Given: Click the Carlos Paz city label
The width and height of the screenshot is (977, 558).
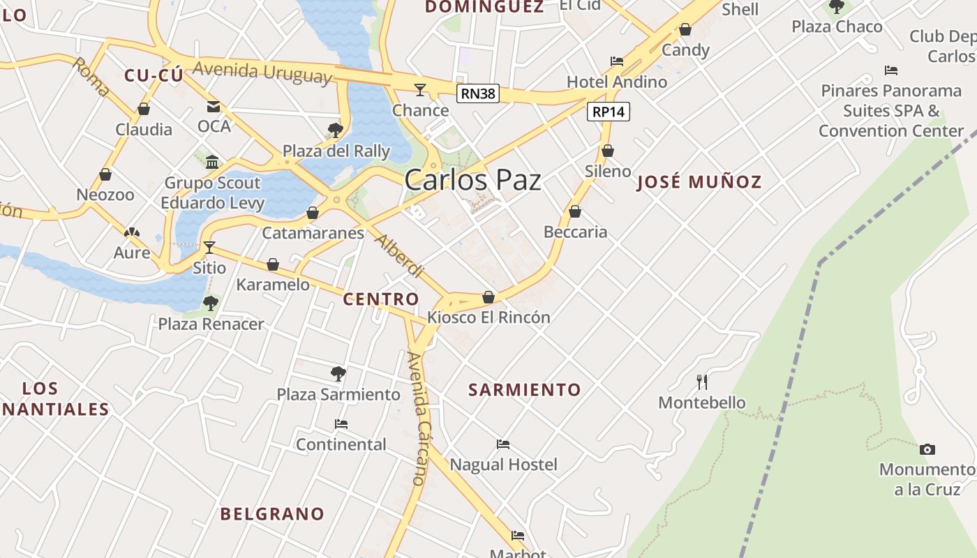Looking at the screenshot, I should [x=472, y=180].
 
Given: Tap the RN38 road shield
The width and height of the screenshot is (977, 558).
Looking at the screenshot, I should [x=478, y=93].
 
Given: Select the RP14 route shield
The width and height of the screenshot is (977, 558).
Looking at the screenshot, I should [x=609, y=112].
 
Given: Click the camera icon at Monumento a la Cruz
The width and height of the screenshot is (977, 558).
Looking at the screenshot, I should [x=927, y=449].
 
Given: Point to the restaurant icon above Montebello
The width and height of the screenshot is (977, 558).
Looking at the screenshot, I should [x=702, y=382].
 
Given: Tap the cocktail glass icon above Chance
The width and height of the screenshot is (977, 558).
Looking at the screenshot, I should [x=420, y=89].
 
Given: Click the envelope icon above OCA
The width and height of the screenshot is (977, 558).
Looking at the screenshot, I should [x=214, y=107].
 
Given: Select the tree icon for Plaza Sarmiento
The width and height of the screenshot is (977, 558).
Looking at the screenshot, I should [x=338, y=374].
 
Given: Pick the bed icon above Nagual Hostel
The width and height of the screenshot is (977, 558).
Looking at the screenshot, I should [x=503, y=444].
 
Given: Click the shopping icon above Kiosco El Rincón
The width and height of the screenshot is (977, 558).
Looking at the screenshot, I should [x=488, y=298].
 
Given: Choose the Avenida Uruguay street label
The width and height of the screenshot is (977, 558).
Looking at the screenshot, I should [x=262, y=72].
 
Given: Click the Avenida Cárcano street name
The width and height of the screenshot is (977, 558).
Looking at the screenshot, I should [x=417, y=418].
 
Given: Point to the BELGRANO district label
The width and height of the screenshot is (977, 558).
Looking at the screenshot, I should [x=272, y=514].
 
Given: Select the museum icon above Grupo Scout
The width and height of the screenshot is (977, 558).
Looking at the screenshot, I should [x=212, y=163].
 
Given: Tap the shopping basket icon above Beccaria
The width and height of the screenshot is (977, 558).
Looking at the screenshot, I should [x=575, y=211].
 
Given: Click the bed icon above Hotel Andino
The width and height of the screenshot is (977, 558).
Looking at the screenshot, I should [x=616, y=61].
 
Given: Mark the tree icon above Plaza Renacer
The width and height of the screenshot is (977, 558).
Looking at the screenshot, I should [x=210, y=303].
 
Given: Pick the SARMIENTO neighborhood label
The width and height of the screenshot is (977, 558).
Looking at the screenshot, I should [x=524, y=390].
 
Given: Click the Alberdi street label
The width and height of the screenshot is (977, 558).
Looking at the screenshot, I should [x=399, y=256].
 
